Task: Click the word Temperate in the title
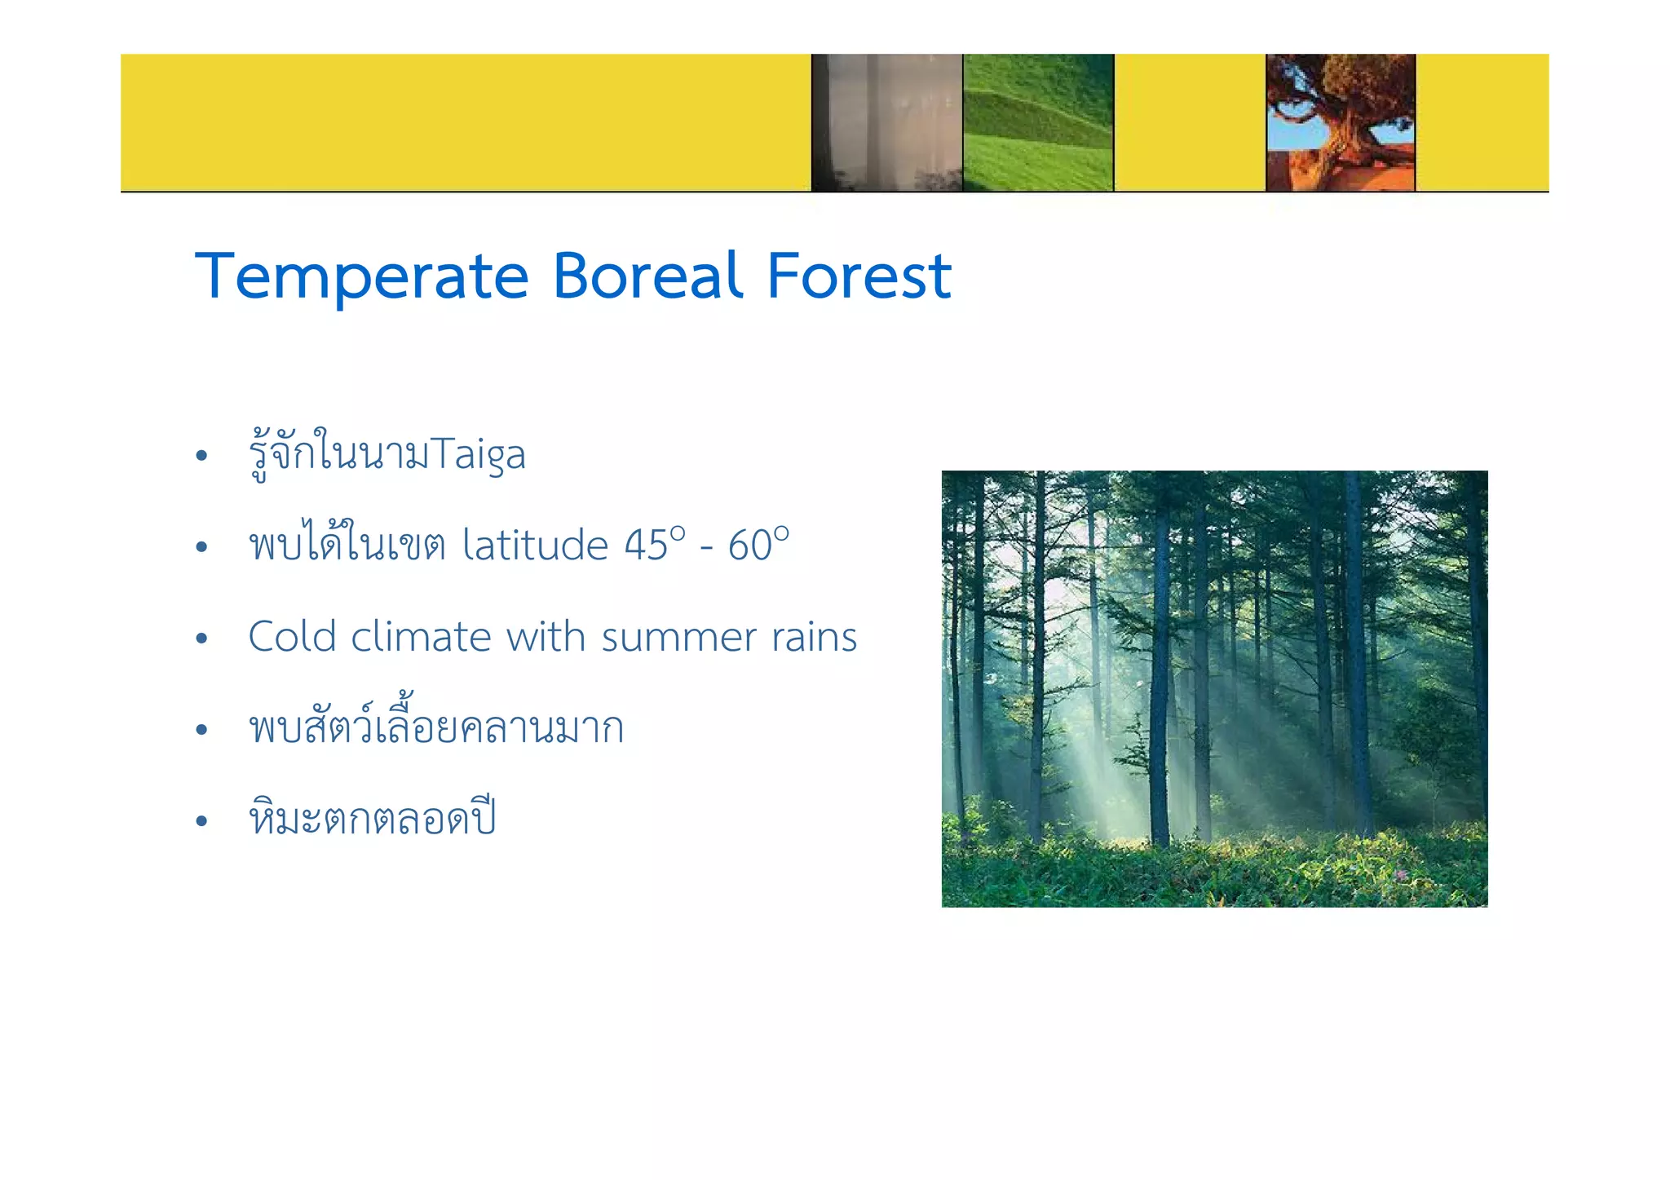362,277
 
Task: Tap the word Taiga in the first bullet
478,455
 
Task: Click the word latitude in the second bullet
535,545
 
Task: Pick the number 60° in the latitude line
758,545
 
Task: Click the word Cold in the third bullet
292,637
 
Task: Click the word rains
814,637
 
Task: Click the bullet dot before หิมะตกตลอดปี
201,820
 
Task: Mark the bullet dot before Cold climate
201,638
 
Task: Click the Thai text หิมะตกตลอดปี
373,818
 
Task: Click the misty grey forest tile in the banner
886,122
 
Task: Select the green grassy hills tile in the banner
1037,122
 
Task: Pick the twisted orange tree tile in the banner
1340,122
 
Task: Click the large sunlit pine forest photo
1214,688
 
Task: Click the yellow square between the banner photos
1189,122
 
